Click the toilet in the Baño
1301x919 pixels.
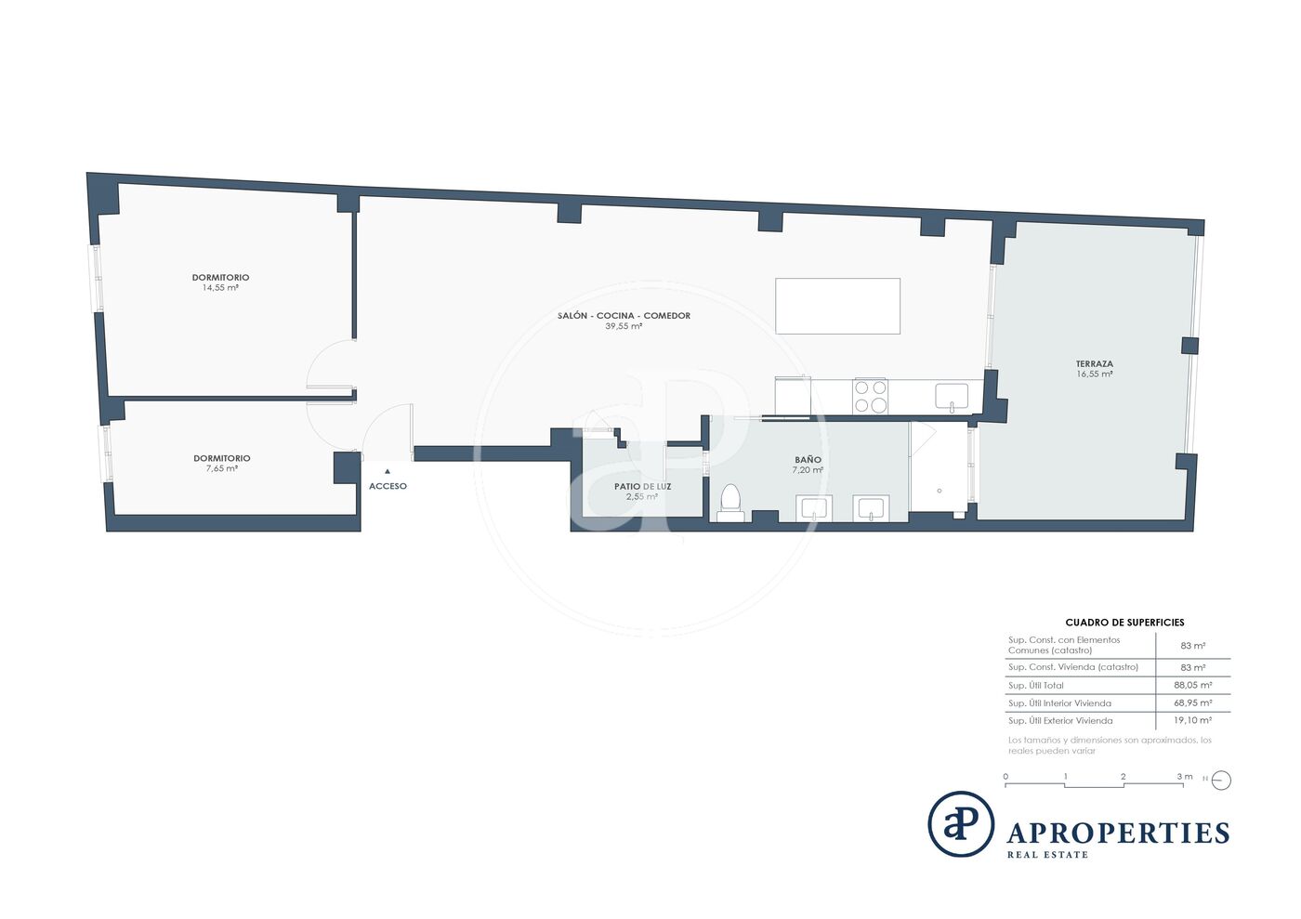coord(730,503)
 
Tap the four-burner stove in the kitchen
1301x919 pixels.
coord(870,396)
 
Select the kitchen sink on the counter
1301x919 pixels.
coord(952,398)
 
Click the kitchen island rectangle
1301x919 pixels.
coord(837,306)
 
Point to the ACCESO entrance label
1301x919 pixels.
coord(388,486)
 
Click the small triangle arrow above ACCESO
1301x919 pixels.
coord(388,471)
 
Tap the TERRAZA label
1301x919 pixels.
coord(1095,364)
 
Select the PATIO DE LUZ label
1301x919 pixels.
coord(642,487)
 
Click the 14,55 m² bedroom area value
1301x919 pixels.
coord(221,287)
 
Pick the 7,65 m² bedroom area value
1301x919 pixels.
coord(222,468)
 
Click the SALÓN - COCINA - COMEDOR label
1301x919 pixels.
coord(624,316)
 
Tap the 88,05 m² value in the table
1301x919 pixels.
coord(1193,686)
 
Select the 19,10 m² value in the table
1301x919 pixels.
coord(1193,720)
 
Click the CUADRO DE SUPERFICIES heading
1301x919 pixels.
coord(1124,623)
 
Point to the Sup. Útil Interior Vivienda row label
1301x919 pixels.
coord(1059,703)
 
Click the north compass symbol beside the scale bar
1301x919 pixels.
coord(1221,781)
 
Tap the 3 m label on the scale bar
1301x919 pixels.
coord(1184,777)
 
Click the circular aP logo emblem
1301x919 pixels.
coord(961,823)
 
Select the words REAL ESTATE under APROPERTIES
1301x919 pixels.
coord(1047,855)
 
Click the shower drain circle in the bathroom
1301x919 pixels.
coord(940,491)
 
